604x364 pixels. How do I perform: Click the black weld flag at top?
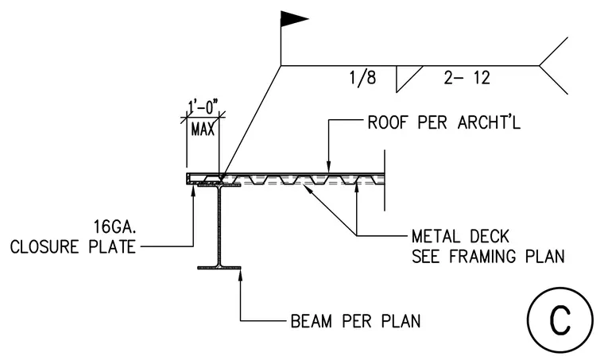292,19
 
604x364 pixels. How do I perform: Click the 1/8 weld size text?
362,78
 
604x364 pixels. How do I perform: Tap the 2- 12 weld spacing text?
467,78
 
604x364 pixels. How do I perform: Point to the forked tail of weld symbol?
553,65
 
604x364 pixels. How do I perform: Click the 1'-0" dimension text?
203,107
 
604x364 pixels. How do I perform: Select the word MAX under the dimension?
203,129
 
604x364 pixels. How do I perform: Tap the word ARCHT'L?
489,122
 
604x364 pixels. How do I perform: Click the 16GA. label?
114,227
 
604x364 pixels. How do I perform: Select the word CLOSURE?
45,247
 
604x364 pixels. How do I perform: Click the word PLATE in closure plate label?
112,247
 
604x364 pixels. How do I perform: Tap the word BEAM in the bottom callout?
312,321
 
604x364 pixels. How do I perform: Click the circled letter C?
560,319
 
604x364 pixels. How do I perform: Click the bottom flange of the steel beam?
219,267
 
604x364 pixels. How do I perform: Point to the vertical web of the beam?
219,226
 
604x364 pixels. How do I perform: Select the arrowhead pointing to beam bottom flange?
240,275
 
